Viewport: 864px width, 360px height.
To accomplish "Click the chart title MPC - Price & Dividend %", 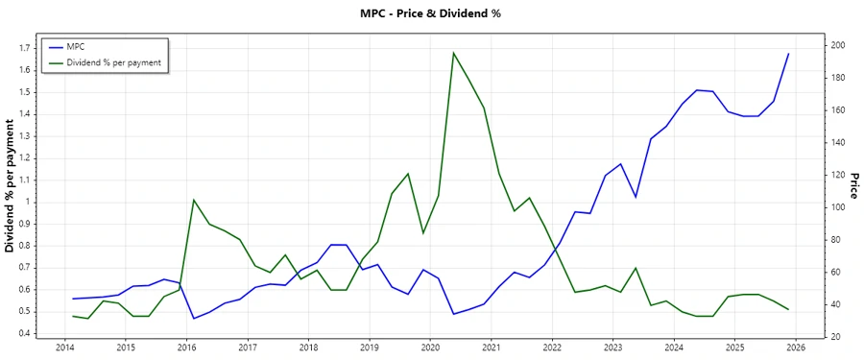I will (x=431, y=13).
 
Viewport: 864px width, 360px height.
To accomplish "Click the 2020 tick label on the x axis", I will (x=429, y=347).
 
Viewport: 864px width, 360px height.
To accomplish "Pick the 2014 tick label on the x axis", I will (x=64, y=347).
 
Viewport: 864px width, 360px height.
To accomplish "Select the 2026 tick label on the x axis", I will (x=795, y=347).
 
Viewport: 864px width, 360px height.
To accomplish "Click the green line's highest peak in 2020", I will (x=452, y=53).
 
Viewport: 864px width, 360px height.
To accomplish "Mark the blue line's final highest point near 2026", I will (x=788, y=54).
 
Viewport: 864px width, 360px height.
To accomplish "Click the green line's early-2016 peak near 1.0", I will (x=194, y=200).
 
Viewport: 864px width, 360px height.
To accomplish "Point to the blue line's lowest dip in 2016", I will (x=194, y=319).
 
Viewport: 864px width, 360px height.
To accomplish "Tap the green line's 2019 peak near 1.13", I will (x=408, y=174).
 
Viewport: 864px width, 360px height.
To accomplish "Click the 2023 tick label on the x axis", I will (x=612, y=347).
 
